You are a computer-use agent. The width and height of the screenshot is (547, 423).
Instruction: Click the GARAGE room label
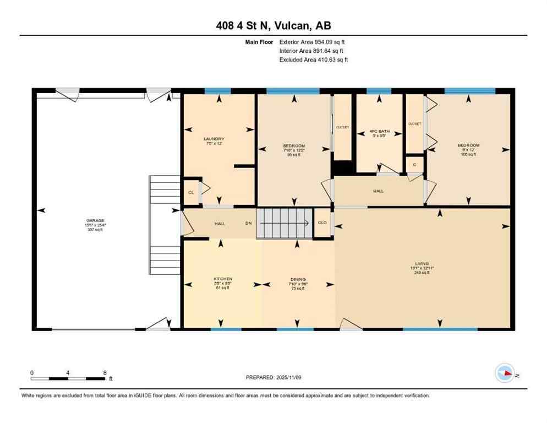pos(94,220)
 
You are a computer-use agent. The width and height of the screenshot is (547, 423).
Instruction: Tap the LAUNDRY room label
pos(214,139)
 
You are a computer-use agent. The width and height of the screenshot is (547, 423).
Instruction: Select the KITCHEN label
pos(223,279)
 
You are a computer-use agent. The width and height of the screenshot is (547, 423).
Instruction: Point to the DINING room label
pos(298,279)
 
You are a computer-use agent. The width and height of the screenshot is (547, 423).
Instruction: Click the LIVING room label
pos(422,264)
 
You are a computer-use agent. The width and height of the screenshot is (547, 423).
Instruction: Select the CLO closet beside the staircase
pos(322,223)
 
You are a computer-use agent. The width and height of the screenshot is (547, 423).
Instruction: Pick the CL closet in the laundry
pos(191,192)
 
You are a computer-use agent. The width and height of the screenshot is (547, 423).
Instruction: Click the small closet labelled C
pos(414,164)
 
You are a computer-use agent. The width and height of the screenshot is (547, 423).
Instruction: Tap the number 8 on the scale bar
pos(105,373)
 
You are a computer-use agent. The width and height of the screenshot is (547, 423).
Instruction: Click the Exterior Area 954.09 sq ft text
pos(312,41)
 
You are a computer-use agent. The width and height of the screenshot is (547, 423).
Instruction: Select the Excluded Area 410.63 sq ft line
pos(313,59)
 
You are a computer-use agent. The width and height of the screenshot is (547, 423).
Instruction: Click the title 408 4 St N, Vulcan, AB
pos(273,25)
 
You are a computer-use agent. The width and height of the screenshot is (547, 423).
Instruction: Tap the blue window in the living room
pos(440,329)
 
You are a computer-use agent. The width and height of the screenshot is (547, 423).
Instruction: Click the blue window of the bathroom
pos(379,91)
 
